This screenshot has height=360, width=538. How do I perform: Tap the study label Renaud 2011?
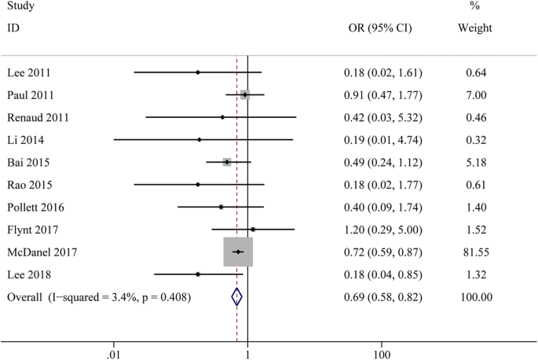tap(38, 118)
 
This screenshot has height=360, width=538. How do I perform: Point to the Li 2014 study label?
tap(27, 140)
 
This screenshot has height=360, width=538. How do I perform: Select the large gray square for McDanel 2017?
tap(238, 252)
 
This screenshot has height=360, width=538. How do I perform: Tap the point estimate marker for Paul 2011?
tap(245, 94)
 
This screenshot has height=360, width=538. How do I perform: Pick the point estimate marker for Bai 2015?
tap(227, 162)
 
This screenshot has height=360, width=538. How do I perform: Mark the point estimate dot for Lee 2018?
tap(198, 274)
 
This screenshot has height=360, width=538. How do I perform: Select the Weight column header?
tap(474, 29)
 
